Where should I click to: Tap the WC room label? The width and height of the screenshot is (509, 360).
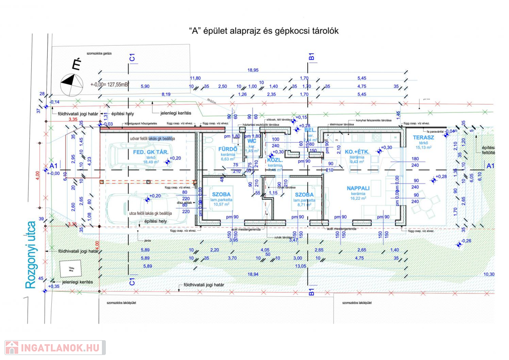pos(252,141)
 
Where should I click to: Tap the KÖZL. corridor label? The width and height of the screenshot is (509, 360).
pos(275,161)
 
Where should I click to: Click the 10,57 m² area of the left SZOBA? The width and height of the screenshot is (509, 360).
pos(222,203)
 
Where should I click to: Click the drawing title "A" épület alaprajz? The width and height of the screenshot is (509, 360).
pos(264,30)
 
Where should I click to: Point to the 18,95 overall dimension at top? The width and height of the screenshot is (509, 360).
pos(254,70)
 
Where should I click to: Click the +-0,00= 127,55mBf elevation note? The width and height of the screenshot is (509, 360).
pos(110,85)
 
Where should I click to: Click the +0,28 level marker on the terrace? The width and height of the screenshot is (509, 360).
pos(441,177)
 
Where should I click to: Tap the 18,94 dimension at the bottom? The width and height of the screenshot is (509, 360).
pos(253,274)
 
